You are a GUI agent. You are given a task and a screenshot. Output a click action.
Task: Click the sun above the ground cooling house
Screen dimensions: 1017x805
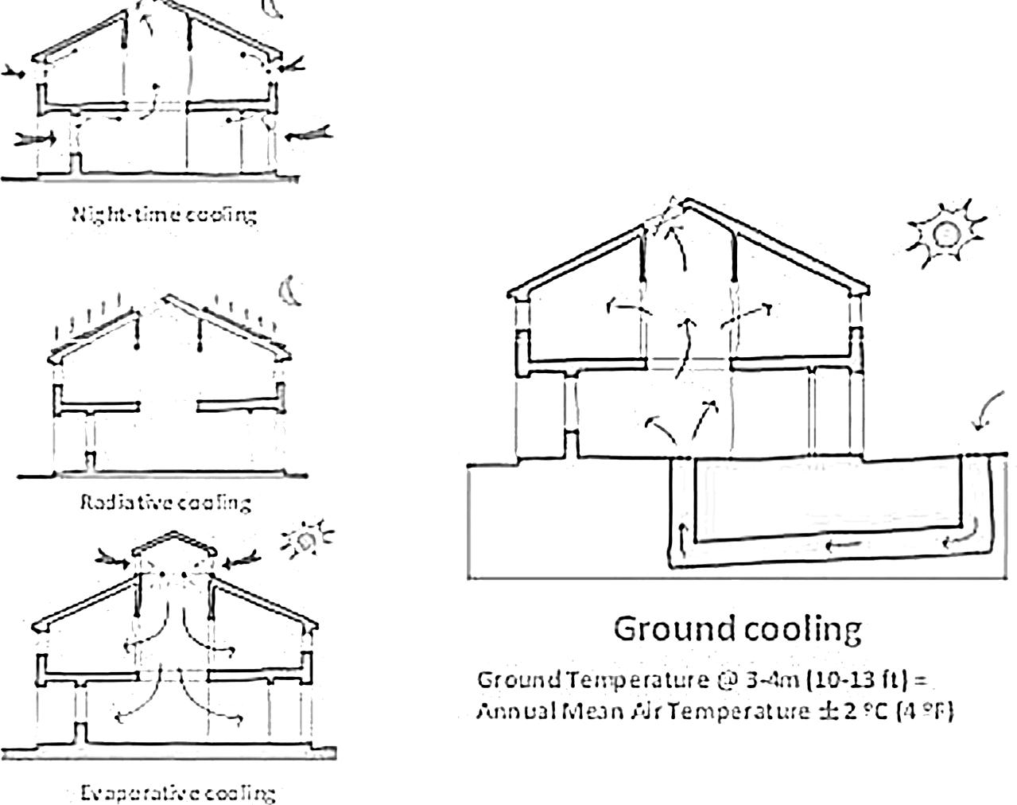(x=945, y=234)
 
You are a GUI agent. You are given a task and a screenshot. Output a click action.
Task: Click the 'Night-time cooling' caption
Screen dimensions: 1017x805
(x=165, y=214)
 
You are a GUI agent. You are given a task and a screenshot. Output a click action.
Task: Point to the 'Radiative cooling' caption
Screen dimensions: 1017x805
(x=166, y=502)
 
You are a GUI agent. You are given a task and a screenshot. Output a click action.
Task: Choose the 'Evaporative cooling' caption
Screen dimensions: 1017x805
(x=179, y=793)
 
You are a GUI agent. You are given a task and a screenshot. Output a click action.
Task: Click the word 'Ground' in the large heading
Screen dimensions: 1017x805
(x=673, y=628)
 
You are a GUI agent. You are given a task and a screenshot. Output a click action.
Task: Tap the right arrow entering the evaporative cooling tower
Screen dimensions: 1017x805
(x=240, y=561)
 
